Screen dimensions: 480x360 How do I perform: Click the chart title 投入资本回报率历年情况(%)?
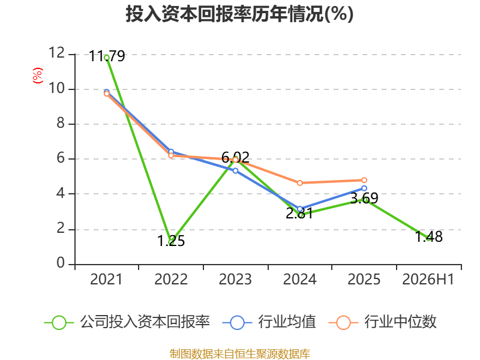click(239, 14)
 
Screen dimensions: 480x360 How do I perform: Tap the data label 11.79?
click(107, 56)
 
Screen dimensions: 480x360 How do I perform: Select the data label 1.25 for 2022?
click(171, 241)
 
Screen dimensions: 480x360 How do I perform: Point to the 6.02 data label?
click(235, 158)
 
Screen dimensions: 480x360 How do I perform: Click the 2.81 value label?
click(299, 214)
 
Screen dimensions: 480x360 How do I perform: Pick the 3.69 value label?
click(364, 199)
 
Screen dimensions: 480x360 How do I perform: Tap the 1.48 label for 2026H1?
click(428, 237)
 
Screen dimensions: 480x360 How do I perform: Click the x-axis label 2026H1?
click(428, 280)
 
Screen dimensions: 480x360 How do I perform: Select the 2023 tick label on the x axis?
click(235, 280)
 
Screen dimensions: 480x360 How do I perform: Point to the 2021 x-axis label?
click(106, 280)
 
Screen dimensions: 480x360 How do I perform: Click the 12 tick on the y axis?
click(57, 53)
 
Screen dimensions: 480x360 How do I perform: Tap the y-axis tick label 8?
click(61, 123)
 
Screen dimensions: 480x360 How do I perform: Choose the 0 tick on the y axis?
click(61, 263)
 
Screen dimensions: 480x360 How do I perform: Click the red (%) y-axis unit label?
click(38, 76)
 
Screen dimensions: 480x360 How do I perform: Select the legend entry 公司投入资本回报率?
click(127, 322)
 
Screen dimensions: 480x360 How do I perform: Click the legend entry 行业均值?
click(269, 322)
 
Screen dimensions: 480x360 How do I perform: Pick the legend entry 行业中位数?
click(382, 322)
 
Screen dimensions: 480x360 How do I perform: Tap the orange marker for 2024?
click(299, 183)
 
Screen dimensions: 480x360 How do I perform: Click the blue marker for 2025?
click(364, 188)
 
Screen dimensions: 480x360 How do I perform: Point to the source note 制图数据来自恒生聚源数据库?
click(239, 354)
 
